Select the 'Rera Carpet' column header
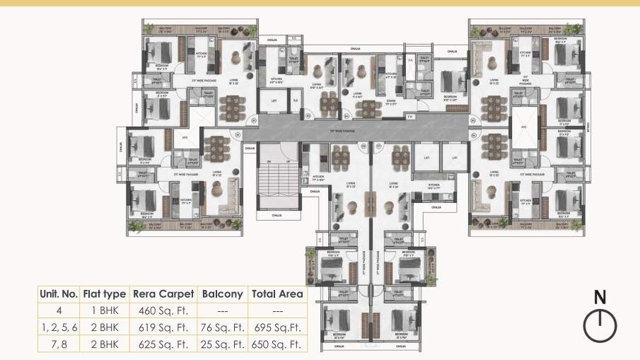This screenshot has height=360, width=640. (163, 294)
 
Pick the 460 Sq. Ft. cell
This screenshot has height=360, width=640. (163, 310)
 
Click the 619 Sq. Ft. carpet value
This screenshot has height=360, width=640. (163, 327)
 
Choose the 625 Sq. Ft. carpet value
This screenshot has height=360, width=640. (163, 345)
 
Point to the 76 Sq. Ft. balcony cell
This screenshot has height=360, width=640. (222, 327)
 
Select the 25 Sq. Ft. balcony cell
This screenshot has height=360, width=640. (222, 345)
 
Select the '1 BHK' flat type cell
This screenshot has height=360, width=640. (104, 310)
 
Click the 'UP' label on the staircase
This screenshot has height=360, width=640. (278, 162)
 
